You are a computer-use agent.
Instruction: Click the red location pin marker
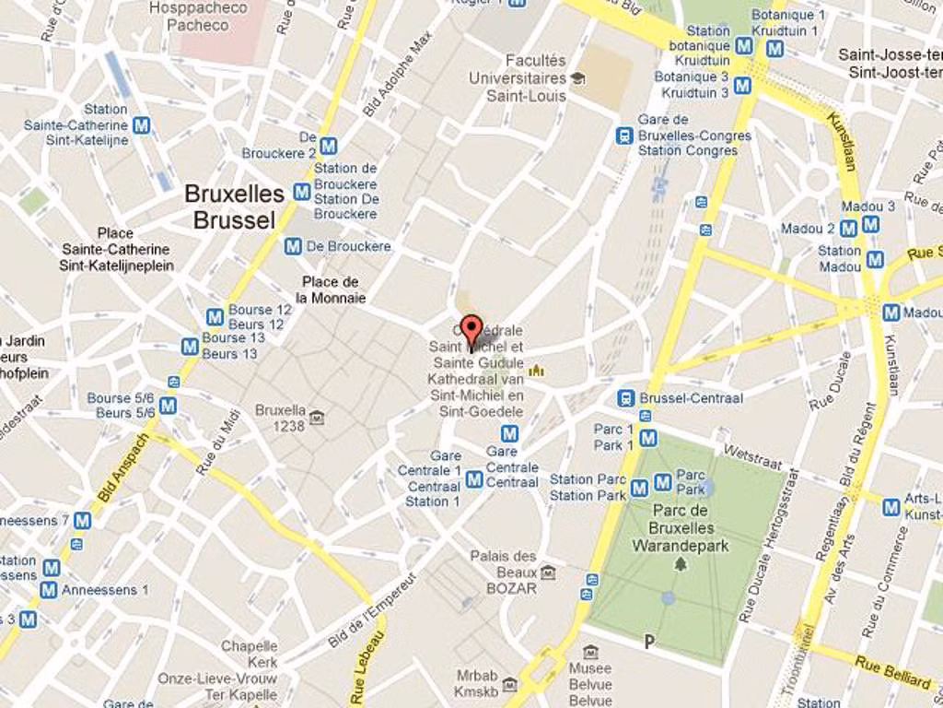471,330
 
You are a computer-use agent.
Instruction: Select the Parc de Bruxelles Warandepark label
680,528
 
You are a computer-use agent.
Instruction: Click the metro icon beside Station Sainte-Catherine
141,124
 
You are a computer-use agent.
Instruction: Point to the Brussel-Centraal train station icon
625,398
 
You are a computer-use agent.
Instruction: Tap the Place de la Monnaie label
330,289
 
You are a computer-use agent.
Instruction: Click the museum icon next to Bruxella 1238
317,418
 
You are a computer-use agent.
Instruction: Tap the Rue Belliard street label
892,672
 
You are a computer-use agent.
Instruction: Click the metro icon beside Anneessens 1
49,589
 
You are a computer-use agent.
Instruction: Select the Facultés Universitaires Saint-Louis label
518,77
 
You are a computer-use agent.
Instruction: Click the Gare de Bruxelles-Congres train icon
624,136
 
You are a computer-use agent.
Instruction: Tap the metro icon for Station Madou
874,260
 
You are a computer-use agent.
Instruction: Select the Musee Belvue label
589,684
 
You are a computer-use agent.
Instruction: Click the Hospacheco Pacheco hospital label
198,16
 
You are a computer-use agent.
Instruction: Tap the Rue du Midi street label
218,442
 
